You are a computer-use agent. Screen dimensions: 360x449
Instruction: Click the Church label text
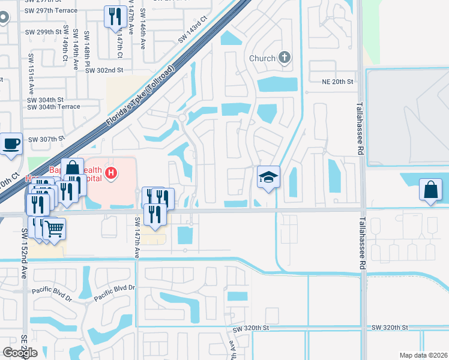[262, 58]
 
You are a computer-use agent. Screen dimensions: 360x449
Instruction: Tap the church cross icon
[284, 58]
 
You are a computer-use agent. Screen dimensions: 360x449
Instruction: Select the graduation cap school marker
[269, 178]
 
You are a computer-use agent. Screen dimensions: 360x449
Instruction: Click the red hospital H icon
[110, 174]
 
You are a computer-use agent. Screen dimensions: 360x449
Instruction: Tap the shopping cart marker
[54, 229]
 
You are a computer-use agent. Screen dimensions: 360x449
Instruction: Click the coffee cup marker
[11, 145]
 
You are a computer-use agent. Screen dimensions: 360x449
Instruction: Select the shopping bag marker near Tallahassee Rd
[432, 190]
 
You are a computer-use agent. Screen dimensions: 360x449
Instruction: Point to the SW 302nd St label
[104, 70]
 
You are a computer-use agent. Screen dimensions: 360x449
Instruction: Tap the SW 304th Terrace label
[53, 107]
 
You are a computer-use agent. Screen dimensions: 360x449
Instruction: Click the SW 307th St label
[46, 139]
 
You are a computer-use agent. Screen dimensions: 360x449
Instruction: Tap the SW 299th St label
[44, 32]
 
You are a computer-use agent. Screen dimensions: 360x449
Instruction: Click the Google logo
[20, 353]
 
